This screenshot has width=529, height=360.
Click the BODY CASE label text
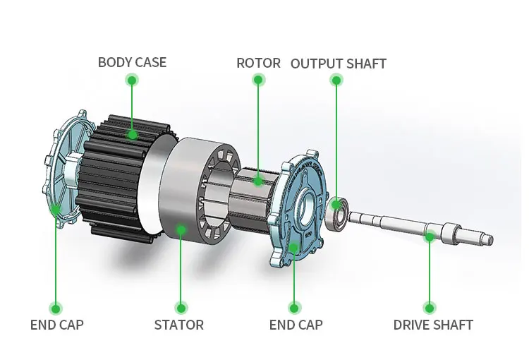coord(132,62)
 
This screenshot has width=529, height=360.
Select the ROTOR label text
coord(258,63)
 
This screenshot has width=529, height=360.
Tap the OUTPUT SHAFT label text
coord(339,63)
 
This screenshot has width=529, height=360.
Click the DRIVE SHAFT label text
coord(432,325)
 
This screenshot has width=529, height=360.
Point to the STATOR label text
coord(179,325)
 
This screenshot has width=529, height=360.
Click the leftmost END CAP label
coord(56,325)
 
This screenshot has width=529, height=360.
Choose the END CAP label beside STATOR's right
coord(296,325)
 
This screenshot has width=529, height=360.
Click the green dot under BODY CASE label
coord(132,80)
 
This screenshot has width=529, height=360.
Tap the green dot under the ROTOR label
coord(258,80)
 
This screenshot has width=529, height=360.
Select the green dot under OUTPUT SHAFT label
coord(336,80)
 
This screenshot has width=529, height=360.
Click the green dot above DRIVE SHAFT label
coord(429,307)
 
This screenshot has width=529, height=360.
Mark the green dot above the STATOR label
coord(181,307)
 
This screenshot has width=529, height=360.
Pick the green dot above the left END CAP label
coord(56,307)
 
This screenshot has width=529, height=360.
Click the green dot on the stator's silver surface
coord(181,229)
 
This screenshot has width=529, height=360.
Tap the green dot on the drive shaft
coord(429,236)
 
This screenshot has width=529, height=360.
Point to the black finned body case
coord(113,176)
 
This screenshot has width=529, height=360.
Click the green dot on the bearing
coord(336,205)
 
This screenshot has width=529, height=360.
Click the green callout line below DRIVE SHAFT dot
coord(429,275)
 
